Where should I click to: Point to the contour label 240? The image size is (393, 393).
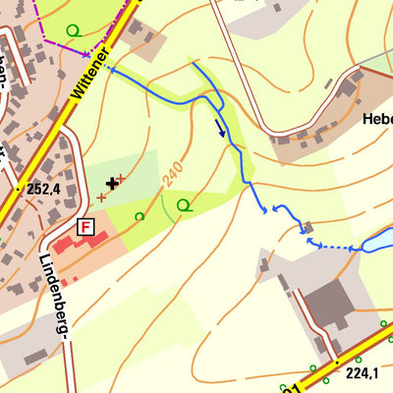click(x=174, y=173)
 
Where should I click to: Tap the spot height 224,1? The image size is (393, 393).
click(x=362, y=372)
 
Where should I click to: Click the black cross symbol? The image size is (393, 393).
click(x=112, y=183)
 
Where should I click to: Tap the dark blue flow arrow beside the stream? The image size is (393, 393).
click(x=220, y=128)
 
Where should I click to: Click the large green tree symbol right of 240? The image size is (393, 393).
click(x=184, y=205)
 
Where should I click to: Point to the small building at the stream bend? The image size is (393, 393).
click(x=309, y=227)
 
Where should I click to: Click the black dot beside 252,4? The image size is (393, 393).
click(x=20, y=188)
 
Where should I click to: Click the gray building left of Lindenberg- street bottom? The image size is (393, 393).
click(x=36, y=356)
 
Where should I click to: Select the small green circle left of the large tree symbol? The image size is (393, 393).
click(x=140, y=216)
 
